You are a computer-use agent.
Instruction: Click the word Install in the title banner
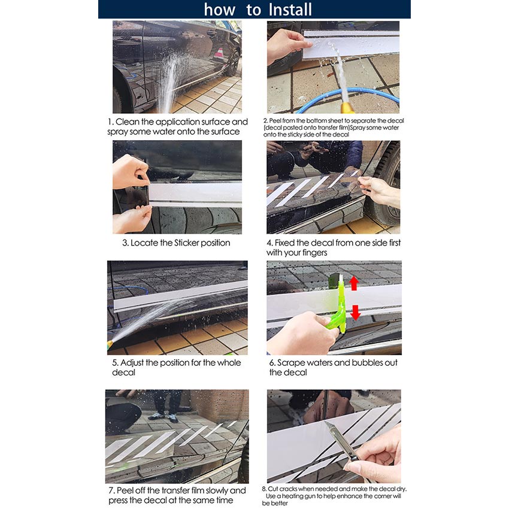click(290, 10)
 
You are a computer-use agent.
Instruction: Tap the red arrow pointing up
click(353, 283)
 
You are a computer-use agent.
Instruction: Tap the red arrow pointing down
click(356, 312)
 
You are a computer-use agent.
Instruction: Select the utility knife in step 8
click(341, 441)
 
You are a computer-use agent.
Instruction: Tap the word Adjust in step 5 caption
click(132, 363)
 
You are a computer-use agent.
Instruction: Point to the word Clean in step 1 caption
click(127, 122)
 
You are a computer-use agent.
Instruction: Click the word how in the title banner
click(219, 10)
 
